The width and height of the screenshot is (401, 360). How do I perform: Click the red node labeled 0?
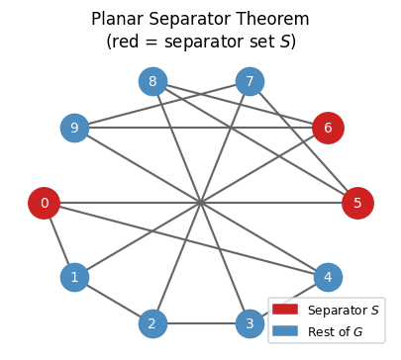coord(44,204)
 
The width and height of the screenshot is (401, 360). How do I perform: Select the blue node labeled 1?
coord(74,277)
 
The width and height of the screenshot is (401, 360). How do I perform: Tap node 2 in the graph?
coord(152,323)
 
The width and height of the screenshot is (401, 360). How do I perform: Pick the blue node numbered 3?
coord(250,323)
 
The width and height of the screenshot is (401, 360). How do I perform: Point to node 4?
coord(328,277)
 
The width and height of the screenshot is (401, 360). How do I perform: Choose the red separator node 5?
coord(357,204)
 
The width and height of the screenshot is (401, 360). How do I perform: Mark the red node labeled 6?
coord(328,128)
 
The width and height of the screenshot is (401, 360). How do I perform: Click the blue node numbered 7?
coord(250,81)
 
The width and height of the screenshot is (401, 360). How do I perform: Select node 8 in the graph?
coord(152,81)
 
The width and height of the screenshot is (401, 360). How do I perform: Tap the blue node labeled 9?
coord(74,128)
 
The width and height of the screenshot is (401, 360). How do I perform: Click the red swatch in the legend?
coord(288,311)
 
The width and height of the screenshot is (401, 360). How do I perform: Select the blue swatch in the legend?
coord(288,330)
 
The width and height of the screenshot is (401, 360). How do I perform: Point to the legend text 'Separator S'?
coord(343,311)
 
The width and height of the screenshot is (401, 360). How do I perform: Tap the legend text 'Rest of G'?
coord(337,330)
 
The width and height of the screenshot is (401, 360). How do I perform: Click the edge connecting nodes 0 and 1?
coord(58,240)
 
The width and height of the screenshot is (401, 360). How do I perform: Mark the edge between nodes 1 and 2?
coord(113,300)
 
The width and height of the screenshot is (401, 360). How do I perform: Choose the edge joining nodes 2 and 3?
coord(201,323)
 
